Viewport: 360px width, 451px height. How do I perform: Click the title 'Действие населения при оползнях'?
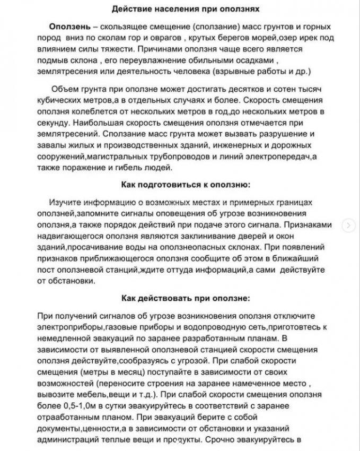[x=179, y=8]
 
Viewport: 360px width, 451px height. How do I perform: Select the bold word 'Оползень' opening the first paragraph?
[x=67, y=27]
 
